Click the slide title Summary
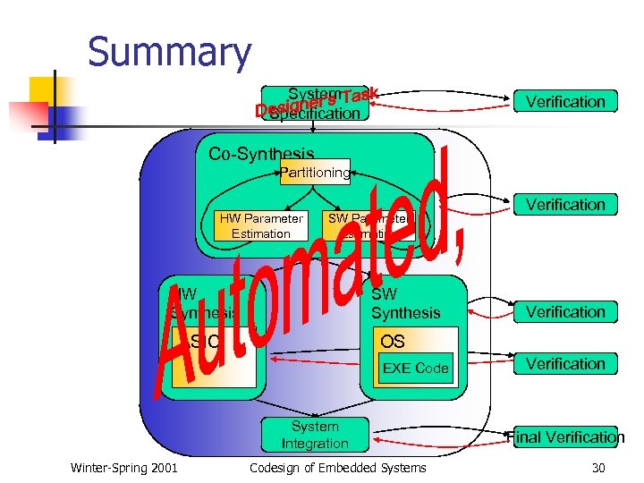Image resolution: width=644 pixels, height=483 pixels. (x=169, y=52)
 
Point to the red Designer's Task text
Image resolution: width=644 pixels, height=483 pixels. (x=317, y=100)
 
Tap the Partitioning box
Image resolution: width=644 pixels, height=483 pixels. (x=315, y=172)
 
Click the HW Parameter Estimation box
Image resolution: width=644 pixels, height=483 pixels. (x=261, y=226)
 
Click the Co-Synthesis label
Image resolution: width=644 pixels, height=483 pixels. (x=261, y=153)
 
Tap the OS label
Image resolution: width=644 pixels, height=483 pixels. (x=393, y=342)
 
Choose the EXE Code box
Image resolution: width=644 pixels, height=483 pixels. (x=415, y=368)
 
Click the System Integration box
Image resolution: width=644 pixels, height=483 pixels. (x=315, y=435)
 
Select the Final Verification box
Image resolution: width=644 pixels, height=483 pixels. (x=564, y=436)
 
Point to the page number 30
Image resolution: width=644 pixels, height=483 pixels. (x=598, y=468)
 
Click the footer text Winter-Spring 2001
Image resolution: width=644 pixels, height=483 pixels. (x=123, y=468)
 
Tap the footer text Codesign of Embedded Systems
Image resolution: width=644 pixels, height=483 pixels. (x=337, y=468)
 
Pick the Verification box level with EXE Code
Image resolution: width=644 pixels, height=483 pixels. (x=564, y=364)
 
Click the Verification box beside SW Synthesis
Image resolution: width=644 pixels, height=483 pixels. (x=564, y=312)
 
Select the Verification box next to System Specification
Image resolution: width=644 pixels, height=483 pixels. (x=564, y=102)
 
